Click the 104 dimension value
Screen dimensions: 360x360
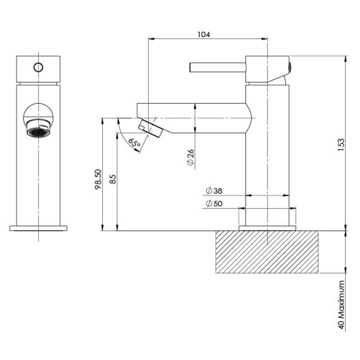point(204,34)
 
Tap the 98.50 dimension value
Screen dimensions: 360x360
point(98,179)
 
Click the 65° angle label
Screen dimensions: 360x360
point(134,143)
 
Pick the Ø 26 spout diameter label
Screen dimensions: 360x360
point(190,157)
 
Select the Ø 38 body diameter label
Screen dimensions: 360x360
point(214,191)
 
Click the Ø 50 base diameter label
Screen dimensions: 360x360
point(214,204)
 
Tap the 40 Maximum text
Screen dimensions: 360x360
point(341,305)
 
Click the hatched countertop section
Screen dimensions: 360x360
point(267,252)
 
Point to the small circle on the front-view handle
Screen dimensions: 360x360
point(38,67)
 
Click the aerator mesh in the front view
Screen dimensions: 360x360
point(38,132)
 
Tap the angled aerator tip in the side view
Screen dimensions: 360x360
point(150,129)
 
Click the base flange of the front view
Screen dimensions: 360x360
point(38,228)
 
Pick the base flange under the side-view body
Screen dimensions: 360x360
point(267,228)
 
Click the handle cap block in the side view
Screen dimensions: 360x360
point(267,69)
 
